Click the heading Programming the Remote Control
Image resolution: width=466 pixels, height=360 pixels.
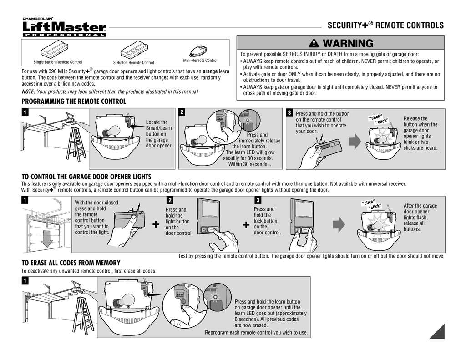74,101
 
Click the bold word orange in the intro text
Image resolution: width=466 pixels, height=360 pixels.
210,71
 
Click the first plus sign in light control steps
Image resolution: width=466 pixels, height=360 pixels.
156,225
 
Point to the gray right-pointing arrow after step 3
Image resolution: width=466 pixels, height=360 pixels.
339,225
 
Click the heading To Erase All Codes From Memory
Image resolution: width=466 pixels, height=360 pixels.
71,263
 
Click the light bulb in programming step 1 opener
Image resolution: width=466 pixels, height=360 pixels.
111,132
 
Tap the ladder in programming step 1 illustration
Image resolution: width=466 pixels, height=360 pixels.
76,142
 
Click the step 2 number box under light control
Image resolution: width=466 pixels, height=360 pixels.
170,200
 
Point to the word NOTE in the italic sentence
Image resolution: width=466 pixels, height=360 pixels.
29,91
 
